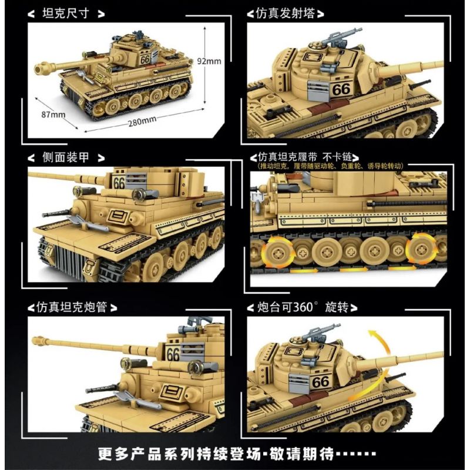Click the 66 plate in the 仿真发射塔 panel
[x=340, y=89]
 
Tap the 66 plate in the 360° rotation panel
[x=321, y=381]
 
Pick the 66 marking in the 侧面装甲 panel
[x=119, y=183]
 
